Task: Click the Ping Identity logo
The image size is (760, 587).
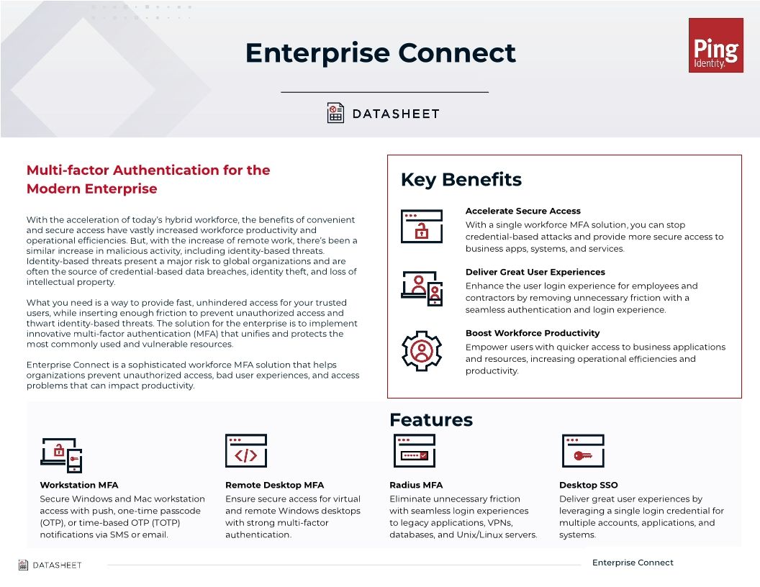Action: (x=715, y=45)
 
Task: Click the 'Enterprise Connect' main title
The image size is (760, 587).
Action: (x=380, y=53)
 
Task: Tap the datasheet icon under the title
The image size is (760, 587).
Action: (x=335, y=113)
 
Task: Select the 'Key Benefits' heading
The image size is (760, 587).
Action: (x=461, y=180)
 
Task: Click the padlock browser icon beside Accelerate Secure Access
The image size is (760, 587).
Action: (x=422, y=226)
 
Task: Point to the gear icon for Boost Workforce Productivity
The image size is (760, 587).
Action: (x=422, y=351)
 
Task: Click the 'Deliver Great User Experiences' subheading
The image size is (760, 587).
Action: (x=535, y=272)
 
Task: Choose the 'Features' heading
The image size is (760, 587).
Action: (x=430, y=420)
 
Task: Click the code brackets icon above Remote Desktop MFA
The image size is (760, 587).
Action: (x=246, y=451)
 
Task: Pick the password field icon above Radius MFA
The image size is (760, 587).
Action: (x=415, y=451)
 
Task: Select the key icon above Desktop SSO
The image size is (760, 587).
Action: (x=583, y=451)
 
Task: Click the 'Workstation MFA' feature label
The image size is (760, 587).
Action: (x=79, y=485)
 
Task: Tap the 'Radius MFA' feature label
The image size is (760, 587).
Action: (x=416, y=485)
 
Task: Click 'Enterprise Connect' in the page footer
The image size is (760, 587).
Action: (x=633, y=563)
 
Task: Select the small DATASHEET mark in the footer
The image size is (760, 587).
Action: (x=50, y=565)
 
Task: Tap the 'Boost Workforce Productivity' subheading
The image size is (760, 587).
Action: (x=533, y=333)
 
